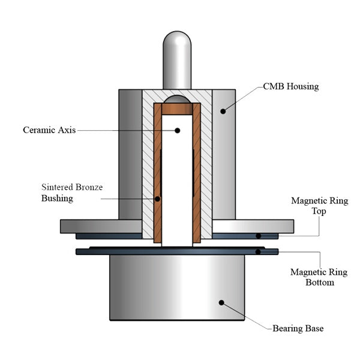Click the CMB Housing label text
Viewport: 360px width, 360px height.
coord(290,86)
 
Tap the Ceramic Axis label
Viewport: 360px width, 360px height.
coord(49,130)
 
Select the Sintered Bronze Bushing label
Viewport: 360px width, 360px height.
coord(71,193)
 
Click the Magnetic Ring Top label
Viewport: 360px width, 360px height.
coord(319,206)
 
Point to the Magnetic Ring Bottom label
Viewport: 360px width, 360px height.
coord(319,277)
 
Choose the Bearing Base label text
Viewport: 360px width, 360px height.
coord(298,328)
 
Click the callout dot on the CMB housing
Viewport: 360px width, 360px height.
coord(223,110)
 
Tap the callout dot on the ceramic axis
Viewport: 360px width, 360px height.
coord(177,130)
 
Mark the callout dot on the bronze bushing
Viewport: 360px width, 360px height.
coord(158,199)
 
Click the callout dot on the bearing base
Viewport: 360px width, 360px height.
coord(221,303)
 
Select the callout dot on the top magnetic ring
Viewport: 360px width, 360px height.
coord(259,236)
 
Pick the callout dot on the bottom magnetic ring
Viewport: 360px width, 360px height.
coord(259,251)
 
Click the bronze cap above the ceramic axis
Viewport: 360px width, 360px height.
coord(177,109)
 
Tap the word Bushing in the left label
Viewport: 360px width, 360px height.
coord(57,198)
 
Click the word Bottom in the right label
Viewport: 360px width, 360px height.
coord(319,282)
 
